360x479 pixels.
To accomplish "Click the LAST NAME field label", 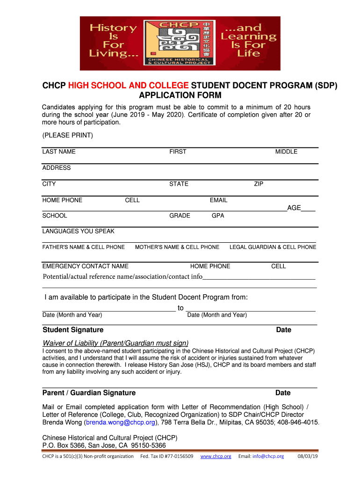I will (59, 152).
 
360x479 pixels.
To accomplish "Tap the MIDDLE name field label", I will (286, 152).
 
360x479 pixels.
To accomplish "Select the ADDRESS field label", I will (57, 168).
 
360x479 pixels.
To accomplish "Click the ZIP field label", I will (259, 184).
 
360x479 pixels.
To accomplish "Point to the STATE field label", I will (179, 184).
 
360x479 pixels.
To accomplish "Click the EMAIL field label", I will (218, 200).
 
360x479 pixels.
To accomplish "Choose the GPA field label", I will (218, 216).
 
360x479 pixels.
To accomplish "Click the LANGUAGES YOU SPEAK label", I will (78, 231).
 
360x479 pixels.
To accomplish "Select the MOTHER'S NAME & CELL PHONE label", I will (177, 247).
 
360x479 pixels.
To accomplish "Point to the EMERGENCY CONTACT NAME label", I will (85, 266).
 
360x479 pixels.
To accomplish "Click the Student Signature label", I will (73, 330).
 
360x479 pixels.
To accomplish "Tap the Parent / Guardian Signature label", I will (89, 393).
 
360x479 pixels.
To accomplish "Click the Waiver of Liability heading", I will (115, 343).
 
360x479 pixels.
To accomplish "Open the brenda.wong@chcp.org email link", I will (121, 422).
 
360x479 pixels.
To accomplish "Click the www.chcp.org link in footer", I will (216, 456).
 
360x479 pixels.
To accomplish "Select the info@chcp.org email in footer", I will (268, 456).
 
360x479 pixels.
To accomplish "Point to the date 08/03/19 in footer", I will (308, 456).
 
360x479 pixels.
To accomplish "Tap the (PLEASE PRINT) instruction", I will (67, 136).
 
